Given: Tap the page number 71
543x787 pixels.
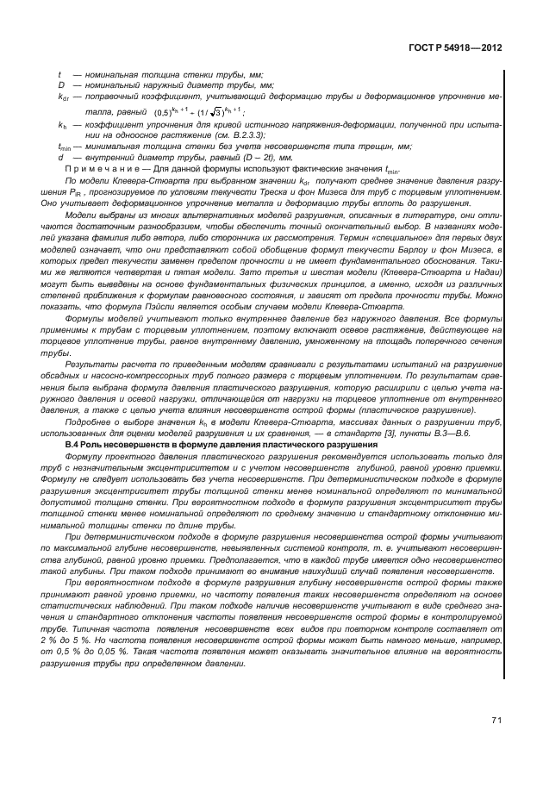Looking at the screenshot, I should coord(497,720).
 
